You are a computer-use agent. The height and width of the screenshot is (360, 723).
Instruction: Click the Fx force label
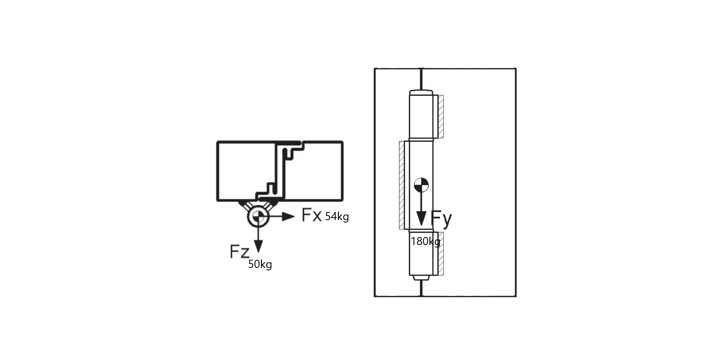click(x=312, y=215)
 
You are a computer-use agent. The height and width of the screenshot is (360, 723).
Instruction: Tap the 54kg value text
click(x=337, y=217)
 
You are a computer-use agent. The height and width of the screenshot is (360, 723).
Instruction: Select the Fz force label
click(x=239, y=251)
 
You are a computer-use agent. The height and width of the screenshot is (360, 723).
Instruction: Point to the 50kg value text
click(x=260, y=264)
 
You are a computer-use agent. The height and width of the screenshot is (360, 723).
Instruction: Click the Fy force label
click(x=441, y=219)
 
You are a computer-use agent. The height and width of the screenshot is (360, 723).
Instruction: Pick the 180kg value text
click(x=426, y=241)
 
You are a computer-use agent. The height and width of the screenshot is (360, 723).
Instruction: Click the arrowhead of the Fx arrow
click(x=288, y=217)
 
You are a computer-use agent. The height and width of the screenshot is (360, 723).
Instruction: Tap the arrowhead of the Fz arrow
click(x=258, y=246)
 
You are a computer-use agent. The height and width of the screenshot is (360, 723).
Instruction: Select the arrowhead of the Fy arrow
click(x=421, y=218)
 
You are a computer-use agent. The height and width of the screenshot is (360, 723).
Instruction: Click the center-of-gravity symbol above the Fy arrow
click(x=421, y=185)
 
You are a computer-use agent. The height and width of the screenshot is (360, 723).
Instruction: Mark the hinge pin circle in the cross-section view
click(x=258, y=217)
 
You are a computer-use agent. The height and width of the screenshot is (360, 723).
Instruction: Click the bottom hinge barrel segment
click(x=421, y=253)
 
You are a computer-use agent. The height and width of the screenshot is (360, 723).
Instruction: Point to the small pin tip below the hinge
click(x=421, y=278)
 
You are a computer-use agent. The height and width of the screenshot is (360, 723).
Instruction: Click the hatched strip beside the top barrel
click(x=441, y=116)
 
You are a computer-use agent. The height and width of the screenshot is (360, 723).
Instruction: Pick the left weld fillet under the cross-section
click(x=245, y=205)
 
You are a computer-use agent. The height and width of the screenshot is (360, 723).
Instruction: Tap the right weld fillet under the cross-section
click(x=271, y=205)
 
